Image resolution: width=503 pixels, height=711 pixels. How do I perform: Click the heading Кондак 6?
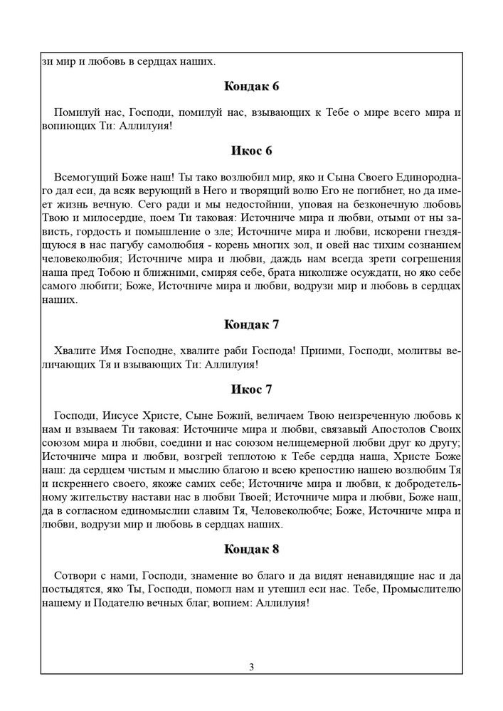pos(251,87)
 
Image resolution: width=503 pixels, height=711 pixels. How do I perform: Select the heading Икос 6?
pos(251,151)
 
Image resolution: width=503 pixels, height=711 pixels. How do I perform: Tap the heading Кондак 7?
pos(251,325)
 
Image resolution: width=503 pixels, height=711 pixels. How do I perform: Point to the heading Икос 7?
pos(251,390)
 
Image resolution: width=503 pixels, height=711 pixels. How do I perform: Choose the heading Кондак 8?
pos(251,549)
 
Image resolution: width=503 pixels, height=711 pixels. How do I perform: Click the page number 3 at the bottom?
pos(252,666)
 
